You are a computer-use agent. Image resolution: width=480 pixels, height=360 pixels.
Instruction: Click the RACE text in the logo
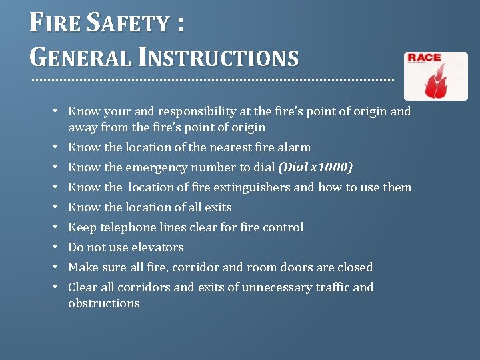[x=425, y=58]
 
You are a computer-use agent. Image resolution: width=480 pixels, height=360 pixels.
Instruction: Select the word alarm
[x=295, y=147]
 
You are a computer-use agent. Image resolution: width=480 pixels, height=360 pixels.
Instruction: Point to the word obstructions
[x=103, y=303]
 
